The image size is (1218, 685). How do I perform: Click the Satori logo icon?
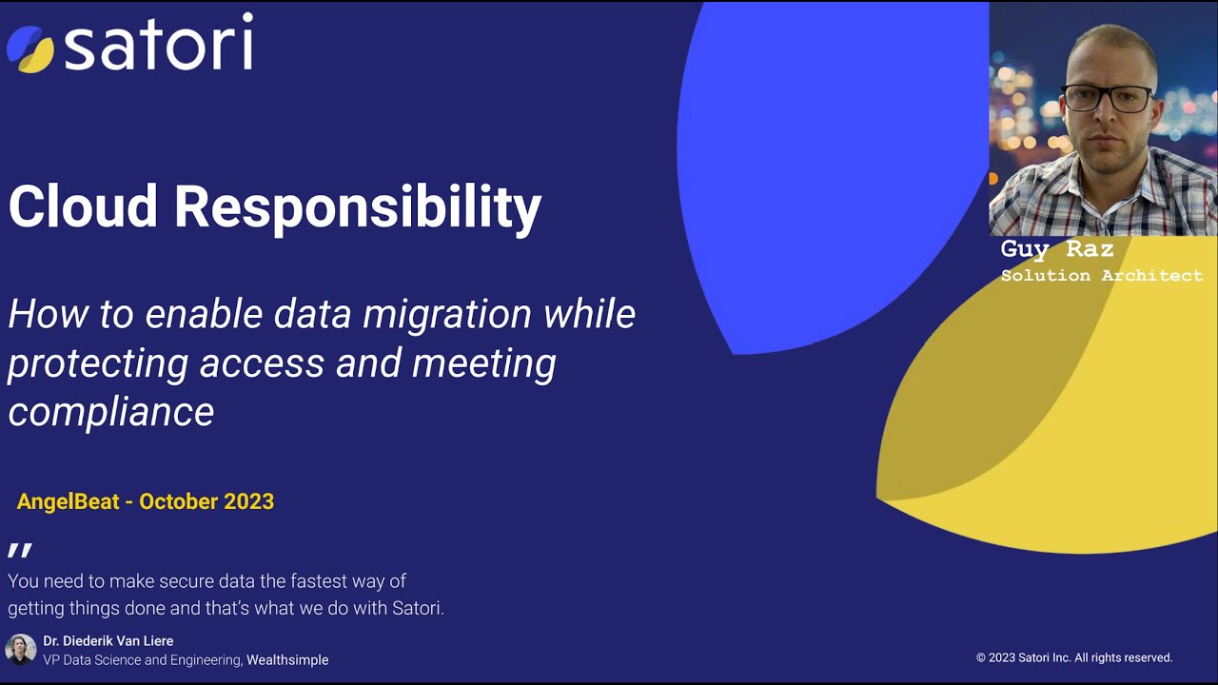[31, 49]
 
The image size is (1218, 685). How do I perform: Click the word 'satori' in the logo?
[158, 43]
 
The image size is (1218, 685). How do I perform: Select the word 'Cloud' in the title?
[83, 205]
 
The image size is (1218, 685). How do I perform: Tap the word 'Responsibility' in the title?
[358, 207]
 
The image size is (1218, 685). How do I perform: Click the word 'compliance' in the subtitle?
[110, 412]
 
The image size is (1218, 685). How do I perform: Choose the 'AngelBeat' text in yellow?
[68, 501]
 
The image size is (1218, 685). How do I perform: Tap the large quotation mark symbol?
[20, 551]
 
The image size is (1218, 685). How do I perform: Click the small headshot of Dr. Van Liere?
[20, 649]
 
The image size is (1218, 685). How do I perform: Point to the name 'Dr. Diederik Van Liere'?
[108, 641]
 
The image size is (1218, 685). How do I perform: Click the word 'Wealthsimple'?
[287, 659]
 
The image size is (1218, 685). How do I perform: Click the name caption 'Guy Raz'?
[1056, 249]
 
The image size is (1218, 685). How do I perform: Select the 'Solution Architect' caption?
[1101, 276]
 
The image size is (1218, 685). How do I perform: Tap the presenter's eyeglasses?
[1107, 96]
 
